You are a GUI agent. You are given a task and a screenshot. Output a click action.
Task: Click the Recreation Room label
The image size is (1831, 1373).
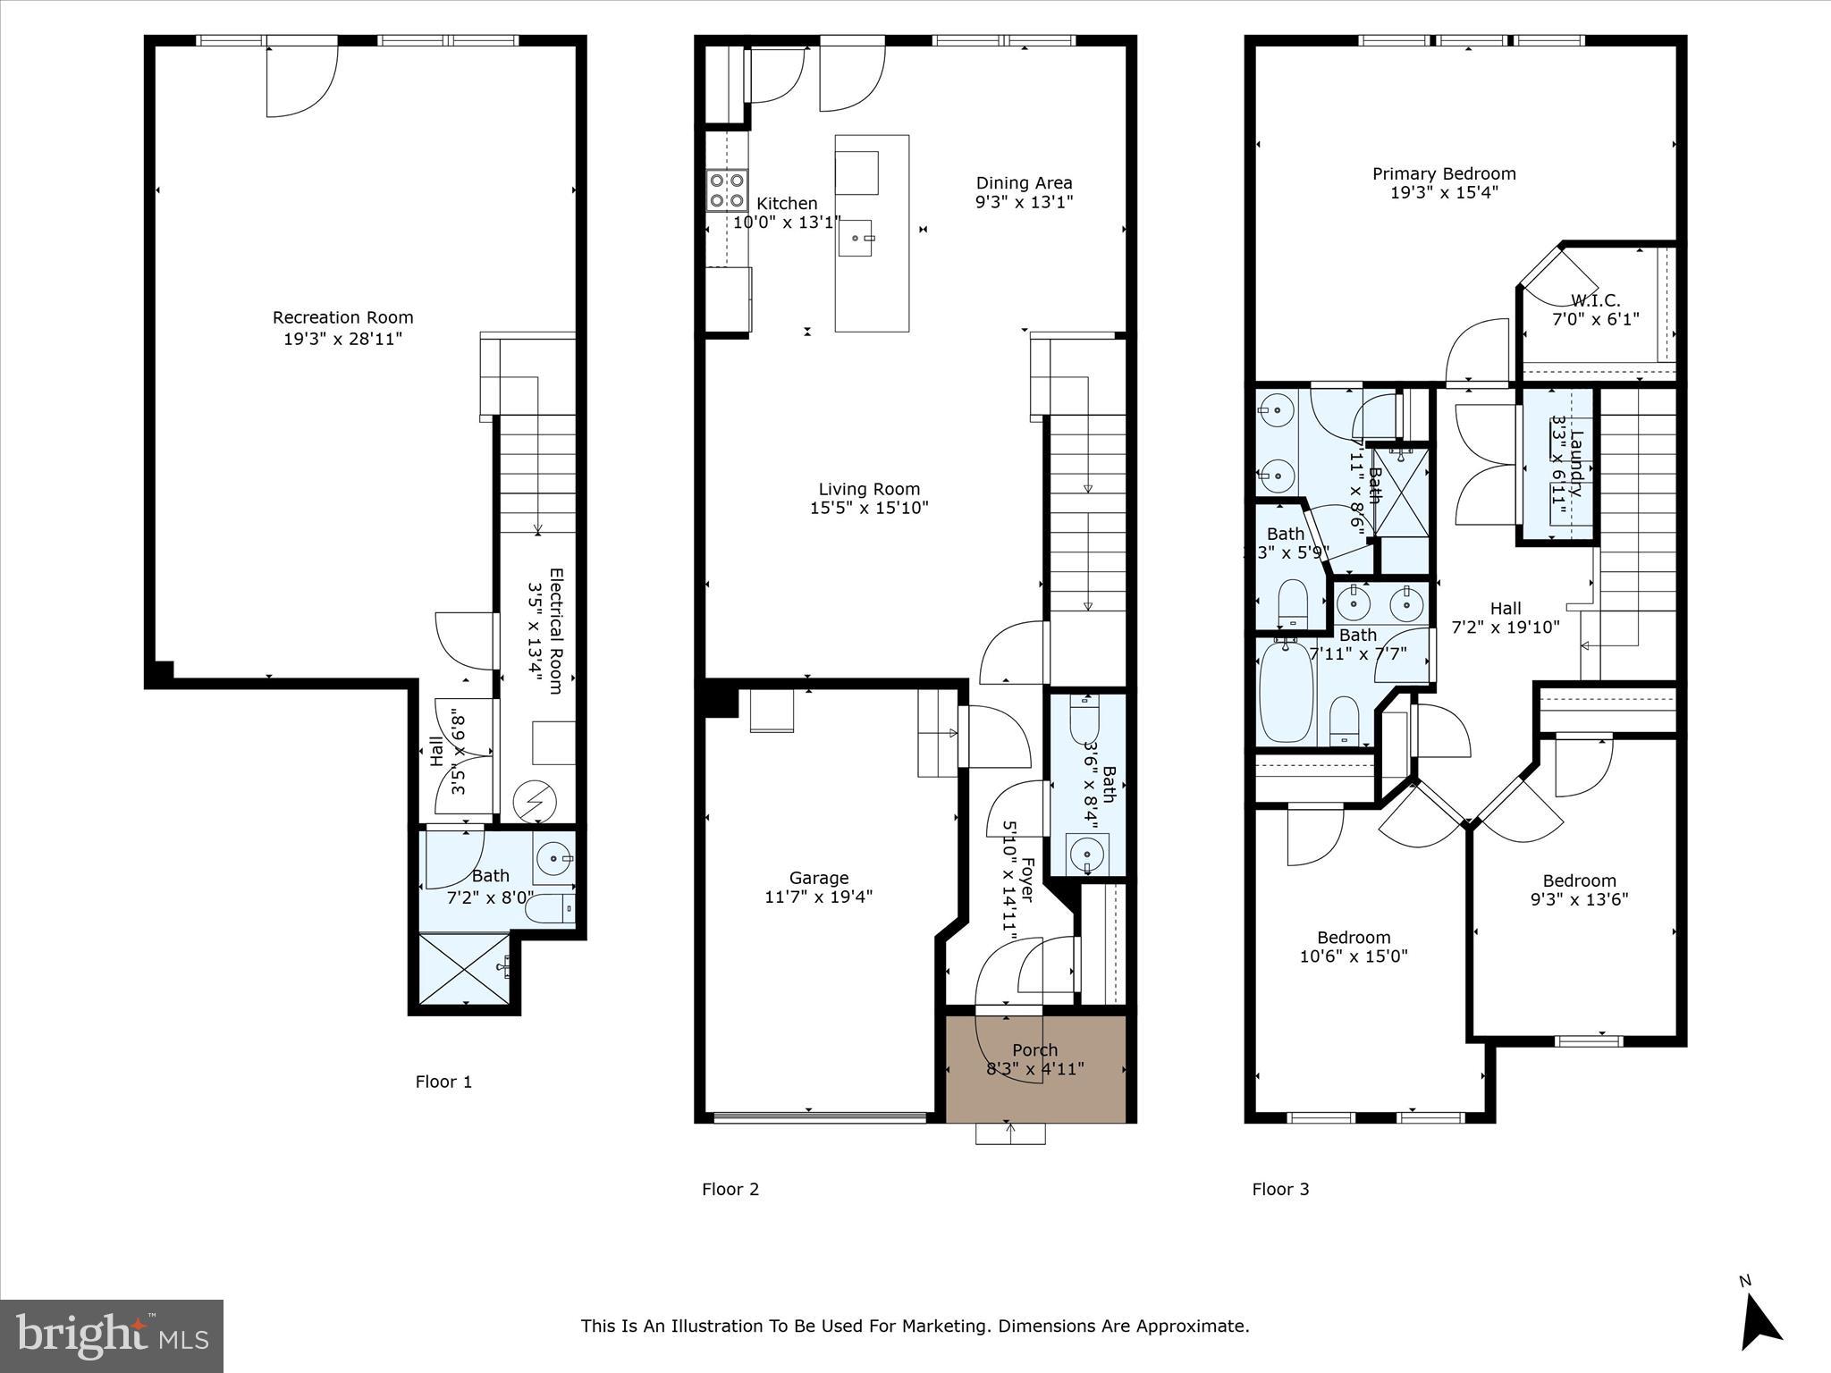pos(342,317)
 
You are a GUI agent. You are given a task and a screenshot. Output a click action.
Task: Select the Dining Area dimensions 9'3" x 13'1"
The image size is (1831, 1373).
pos(1024,202)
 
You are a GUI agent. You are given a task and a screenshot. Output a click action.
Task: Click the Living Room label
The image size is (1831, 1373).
pos(869,489)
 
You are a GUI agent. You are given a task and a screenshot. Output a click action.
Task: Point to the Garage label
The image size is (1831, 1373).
pos(819,878)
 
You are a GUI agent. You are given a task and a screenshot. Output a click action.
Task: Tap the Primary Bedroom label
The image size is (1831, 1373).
pos(1444,173)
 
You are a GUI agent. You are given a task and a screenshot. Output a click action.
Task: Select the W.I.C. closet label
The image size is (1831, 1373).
pos(1595,301)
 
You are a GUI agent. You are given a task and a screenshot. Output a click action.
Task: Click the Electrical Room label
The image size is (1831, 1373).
pos(555,631)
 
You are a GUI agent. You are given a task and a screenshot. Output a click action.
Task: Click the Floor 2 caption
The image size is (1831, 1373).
pos(730,1189)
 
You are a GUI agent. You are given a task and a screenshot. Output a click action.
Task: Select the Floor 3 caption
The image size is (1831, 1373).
pos(1280,1189)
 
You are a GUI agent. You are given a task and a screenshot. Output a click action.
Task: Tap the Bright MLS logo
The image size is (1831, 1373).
pos(112,1335)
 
